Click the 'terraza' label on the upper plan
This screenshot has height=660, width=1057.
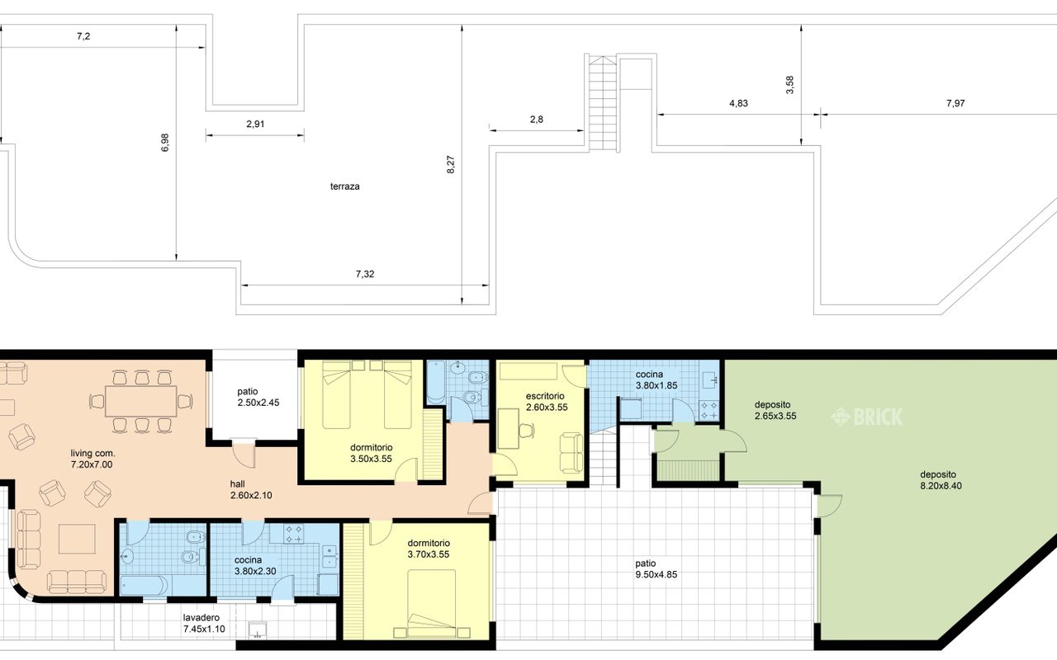pos(344,186)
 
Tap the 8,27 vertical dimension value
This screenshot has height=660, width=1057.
pos(451,164)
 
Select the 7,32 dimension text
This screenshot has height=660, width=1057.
pos(365,274)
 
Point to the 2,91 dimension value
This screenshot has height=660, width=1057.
pos(255,124)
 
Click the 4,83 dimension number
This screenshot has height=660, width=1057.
pos(738,103)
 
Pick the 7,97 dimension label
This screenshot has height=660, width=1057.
pos(955,103)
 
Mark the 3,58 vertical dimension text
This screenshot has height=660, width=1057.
pos(789,85)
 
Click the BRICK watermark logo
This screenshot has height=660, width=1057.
pos(867,417)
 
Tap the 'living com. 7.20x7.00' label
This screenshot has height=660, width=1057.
pos(92,459)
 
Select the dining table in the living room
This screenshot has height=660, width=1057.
pos(140,401)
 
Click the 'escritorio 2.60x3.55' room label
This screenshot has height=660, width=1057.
pos(547,402)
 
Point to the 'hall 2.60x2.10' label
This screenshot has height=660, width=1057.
pos(251,489)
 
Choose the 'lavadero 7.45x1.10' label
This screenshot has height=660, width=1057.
pos(204,623)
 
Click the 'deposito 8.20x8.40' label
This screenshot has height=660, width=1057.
pos(941,480)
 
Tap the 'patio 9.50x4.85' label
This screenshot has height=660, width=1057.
pos(656,568)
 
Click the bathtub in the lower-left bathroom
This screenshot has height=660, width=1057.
pos(144,586)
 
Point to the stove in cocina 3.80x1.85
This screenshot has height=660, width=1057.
pos(709,409)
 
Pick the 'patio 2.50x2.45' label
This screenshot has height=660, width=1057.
pos(258,397)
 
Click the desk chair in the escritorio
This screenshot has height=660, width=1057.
pos(527,430)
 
